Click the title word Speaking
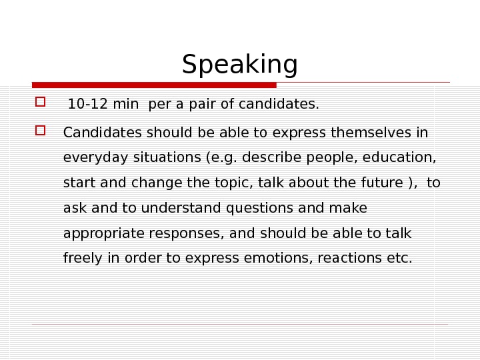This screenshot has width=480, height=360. pos(239,65)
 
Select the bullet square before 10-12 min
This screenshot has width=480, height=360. pos(39,103)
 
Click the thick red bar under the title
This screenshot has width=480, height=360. pos(154,85)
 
